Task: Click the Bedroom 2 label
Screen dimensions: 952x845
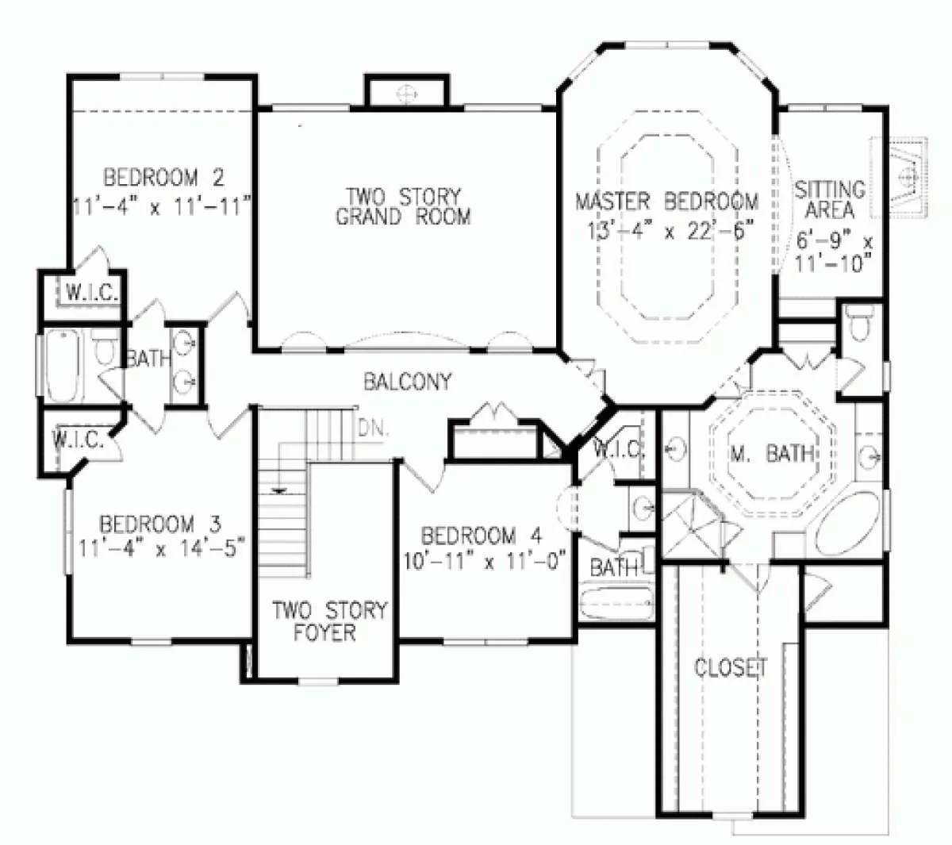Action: click(163, 178)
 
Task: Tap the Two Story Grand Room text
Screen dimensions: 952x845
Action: click(403, 207)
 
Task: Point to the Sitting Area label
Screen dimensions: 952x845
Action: click(829, 200)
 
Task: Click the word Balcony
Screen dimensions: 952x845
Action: click(408, 382)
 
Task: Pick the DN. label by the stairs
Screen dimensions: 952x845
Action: click(374, 428)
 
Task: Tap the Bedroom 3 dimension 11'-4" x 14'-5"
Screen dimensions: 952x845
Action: click(161, 548)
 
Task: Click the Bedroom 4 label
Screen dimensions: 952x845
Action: click(482, 536)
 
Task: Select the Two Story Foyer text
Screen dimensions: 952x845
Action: click(330, 621)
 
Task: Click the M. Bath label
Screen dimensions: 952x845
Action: click(772, 454)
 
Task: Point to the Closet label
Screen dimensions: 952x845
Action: click(731, 667)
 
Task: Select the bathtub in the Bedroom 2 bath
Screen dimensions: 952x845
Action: click(62, 366)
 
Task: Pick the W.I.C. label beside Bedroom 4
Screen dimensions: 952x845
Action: click(618, 450)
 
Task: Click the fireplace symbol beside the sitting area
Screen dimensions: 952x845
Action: click(898, 177)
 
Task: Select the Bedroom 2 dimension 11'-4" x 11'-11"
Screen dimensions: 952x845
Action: click(162, 207)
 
